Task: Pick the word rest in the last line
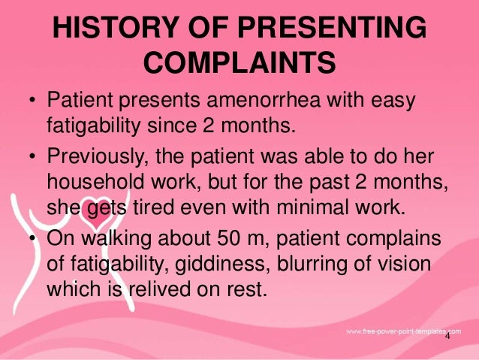coord(245,289)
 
